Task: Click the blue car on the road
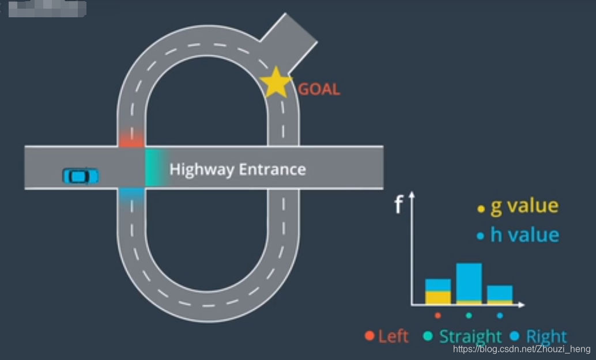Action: [x=80, y=176]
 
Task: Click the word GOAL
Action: [x=319, y=89]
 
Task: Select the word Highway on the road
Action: [x=201, y=169]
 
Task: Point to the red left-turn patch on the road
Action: [x=131, y=139]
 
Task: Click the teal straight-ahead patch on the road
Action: [x=154, y=168]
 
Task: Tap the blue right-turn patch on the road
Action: [x=131, y=195]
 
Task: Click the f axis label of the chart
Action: [x=398, y=206]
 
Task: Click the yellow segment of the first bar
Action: [x=437, y=297]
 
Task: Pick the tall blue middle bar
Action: [x=469, y=282]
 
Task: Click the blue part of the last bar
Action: [x=500, y=293]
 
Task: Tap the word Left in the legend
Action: [x=393, y=336]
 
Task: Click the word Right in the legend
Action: [x=546, y=336]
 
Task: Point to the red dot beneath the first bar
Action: [x=437, y=315]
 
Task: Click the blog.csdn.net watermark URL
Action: [x=522, y=349]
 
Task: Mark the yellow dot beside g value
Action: [x=481, y=209]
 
